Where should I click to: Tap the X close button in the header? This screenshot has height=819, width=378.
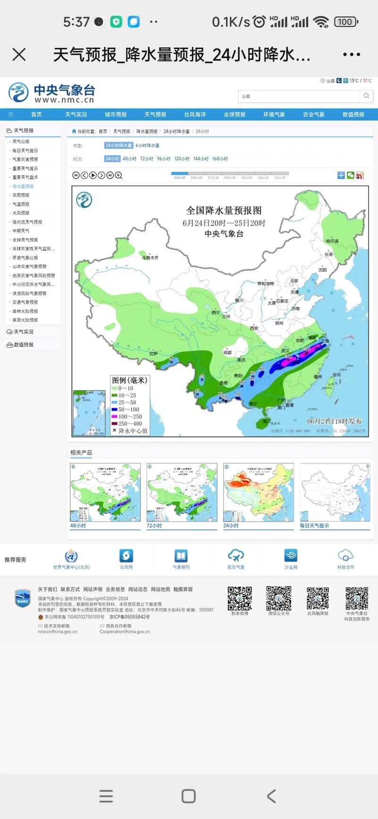(x=19, y=55)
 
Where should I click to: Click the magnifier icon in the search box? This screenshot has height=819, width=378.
(x=366, y=96)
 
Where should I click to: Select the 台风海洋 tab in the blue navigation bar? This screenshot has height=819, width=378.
(x=195, y=114)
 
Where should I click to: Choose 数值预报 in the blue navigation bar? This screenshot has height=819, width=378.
(x=353, y=114)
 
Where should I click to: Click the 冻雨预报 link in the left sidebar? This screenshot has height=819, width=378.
(x=21, y=195)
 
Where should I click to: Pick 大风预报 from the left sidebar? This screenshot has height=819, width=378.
(x=21, y=213)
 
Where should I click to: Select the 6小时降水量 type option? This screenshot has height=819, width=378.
(x=147, y=146)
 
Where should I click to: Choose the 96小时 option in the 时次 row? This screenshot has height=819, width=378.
(x=163, y=159)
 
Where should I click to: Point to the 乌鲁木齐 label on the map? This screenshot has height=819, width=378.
(x=150, y=258)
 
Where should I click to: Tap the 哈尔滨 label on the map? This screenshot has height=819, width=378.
(x=332, y=241)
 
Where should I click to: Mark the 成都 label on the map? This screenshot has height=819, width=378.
(x=227, y=353)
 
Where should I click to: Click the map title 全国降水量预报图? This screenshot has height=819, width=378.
(x=224, y=210)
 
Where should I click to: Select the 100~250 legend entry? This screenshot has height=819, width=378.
(x=127, y=416)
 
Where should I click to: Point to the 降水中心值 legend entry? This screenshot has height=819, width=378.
(x=129, y=431)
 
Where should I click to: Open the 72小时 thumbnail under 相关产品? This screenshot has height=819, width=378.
(x=182, y=492)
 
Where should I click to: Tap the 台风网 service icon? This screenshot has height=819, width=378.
(x=126, y=556)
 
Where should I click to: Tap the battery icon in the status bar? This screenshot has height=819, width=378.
(x=346, y=22)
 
